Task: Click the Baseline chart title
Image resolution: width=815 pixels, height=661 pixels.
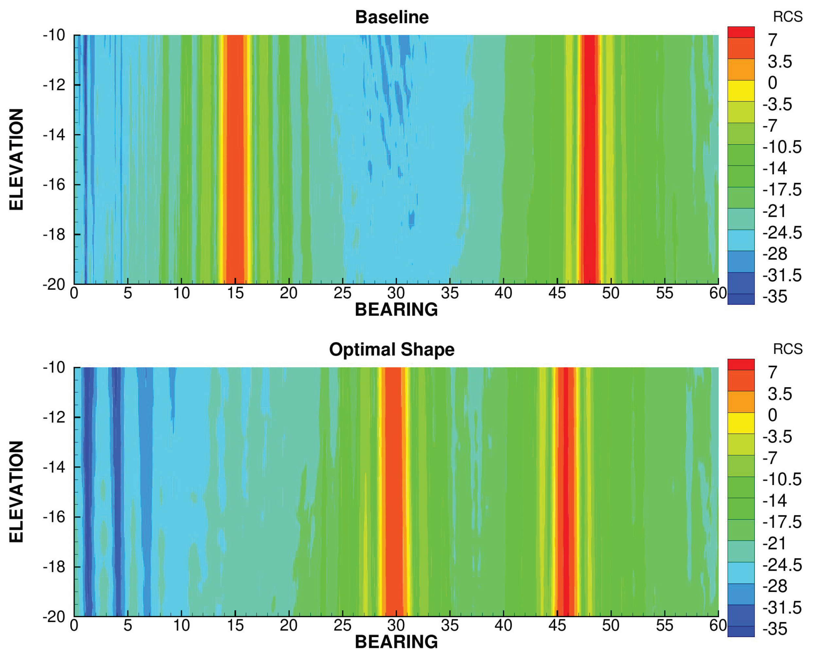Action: point(392,17)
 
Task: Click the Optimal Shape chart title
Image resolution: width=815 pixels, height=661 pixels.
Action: point(392,350)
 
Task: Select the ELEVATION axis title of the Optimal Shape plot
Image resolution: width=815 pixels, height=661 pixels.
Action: point(16,492)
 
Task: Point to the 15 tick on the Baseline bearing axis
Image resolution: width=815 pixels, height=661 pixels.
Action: point(235,293)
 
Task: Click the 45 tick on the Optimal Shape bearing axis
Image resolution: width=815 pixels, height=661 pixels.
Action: point(557,626)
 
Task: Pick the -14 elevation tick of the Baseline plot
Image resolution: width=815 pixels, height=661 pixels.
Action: point(54,135)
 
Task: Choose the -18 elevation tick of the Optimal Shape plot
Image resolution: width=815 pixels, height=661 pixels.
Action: point(54,567)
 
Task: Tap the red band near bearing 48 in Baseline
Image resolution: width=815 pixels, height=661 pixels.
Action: point(590,160)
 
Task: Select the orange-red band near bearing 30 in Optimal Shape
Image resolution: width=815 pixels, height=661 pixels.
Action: point(394,491)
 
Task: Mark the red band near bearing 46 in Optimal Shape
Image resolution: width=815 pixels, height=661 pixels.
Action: point(566,491)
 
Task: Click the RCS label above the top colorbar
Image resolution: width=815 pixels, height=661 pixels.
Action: point(788,17)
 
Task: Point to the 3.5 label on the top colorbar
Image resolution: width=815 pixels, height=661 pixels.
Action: point(780,62)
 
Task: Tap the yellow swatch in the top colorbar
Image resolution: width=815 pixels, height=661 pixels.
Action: point(741,91)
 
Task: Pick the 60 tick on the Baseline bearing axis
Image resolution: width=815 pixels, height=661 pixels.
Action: point(718,293)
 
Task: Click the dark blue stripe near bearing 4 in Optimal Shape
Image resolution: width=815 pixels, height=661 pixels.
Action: point(116,491)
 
